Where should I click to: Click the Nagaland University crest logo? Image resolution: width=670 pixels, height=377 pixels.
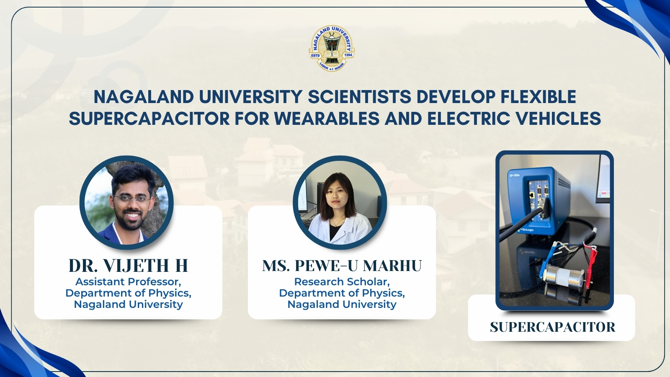click(x=332, y=48)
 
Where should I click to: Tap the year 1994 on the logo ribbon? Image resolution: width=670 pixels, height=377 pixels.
click(x=348, y=56)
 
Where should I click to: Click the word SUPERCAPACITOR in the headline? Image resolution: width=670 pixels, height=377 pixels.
click(x=149, y=118)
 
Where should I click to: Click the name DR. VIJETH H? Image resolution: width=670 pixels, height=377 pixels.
click(x=128, y=266)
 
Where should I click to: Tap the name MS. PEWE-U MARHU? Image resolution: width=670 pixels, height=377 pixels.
click(x=342, y=266)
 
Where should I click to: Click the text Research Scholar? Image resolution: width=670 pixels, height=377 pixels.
click(x=342, y=282)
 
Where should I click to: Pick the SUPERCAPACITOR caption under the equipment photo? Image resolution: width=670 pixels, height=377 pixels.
click(x=552, y=327)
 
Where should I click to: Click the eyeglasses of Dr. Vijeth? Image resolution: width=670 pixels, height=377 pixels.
click(x=131, y=198)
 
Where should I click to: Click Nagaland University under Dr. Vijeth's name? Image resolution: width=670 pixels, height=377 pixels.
click(x=128, y=304)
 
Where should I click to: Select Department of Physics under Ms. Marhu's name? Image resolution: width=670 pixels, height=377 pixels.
click(x=342, y=293)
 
